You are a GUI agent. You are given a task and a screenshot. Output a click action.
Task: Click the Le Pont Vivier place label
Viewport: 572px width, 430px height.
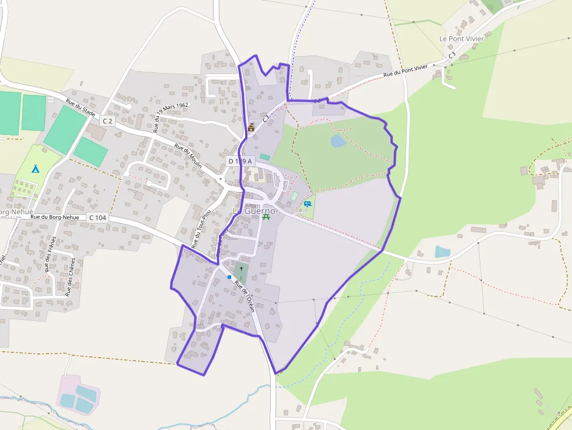[x=461, y=39]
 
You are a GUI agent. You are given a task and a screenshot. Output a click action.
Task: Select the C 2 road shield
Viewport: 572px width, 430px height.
[x=106, y=121]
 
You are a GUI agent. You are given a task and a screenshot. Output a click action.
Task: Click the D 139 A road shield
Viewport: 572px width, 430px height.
[x=240, y=160]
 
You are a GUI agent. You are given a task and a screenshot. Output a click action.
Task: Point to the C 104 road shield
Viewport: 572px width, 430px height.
[x=98, y=218]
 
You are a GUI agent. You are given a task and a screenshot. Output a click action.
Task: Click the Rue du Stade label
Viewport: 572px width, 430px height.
[x=81, y=107]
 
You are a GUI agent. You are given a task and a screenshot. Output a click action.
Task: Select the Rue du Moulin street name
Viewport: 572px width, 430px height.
[x=188, y=156]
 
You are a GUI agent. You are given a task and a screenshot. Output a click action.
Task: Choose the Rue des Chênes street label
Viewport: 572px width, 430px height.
[x=70, y=277]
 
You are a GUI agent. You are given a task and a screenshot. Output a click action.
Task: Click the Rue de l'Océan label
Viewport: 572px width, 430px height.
[x=245, y=296]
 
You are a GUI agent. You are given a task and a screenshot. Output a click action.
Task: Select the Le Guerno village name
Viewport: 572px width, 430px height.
[x=254, y=210]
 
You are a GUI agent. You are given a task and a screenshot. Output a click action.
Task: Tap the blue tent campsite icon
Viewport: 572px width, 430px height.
[x=35, y=169]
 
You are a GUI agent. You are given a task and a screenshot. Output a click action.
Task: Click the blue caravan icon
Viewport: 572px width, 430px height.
[x=307, y=204]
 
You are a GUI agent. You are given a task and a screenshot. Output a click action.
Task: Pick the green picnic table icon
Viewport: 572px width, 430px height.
[x=266, y=216]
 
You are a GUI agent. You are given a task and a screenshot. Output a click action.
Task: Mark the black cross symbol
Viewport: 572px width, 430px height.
[x=241, y=269]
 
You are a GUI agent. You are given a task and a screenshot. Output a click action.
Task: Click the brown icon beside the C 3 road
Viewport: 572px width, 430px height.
[x=252, y=127]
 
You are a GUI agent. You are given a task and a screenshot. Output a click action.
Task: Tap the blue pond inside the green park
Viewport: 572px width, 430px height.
[x=338, y=141]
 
